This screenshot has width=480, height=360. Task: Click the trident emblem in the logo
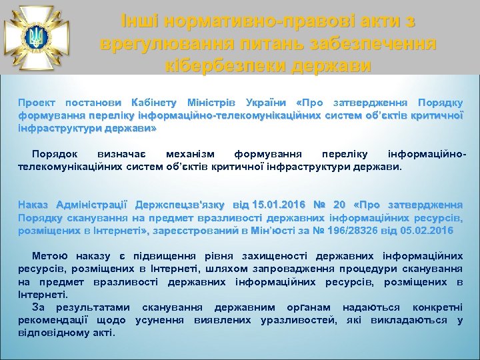coord(35,35)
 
